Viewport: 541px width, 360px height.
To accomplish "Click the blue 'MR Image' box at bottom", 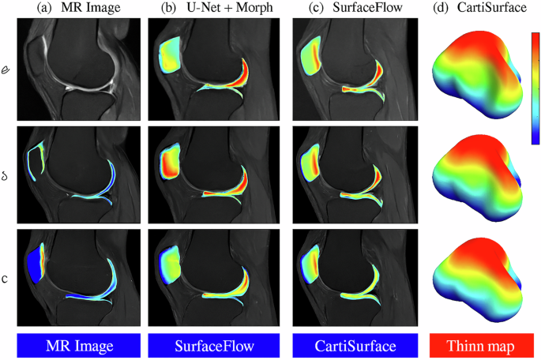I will click(79, 347).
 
